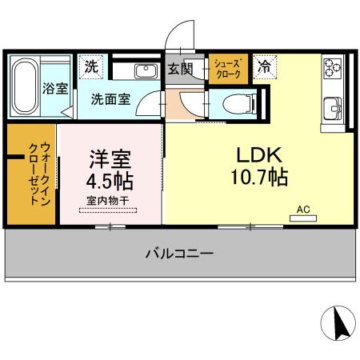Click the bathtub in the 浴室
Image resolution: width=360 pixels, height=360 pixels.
click(24, 86)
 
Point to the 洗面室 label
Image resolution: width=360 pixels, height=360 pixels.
click(110, 102)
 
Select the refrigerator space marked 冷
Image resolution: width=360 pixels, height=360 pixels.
click(263, 67)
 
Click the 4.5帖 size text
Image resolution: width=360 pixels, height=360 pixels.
click(110, 178)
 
